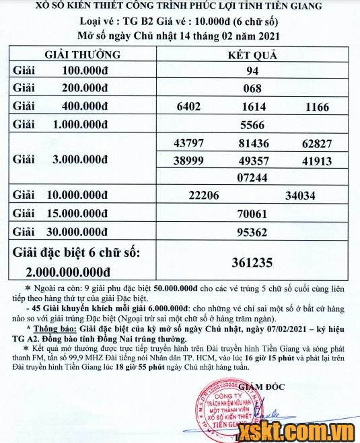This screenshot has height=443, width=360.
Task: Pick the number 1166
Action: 316,107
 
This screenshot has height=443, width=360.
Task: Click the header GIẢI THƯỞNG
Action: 83,54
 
